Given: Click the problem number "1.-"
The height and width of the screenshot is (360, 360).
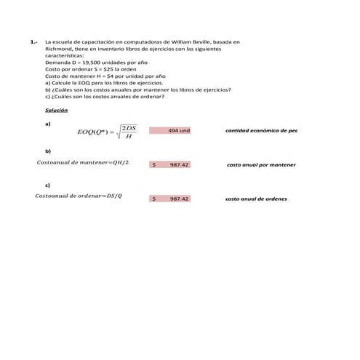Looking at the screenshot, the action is point(34,44).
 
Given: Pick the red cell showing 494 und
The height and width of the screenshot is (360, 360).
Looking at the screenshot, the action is point(170,130).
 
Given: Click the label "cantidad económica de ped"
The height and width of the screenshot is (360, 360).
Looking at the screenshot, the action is point(261,130).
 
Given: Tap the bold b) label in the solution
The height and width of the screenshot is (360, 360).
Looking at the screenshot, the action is point(47,150).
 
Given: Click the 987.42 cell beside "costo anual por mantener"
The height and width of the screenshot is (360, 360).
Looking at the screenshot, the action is point(170,164).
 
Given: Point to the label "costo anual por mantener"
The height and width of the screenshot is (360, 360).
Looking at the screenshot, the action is point(261,165).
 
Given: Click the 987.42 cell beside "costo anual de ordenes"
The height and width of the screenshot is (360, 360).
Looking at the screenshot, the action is point(170,199).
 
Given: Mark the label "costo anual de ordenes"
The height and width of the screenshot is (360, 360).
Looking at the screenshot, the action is point(256,199).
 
